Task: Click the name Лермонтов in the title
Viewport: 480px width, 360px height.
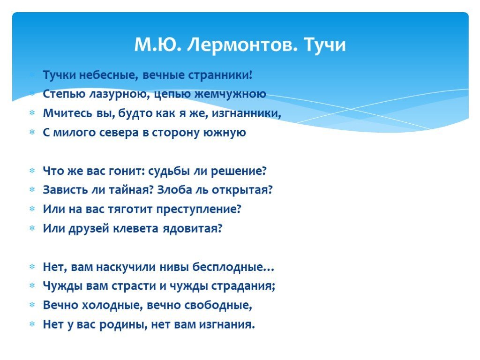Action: click(242, 45)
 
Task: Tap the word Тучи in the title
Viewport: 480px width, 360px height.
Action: click(325, 45)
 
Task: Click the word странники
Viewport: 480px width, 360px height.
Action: click(220, 75)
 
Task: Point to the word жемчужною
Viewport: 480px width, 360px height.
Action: click(230, 94)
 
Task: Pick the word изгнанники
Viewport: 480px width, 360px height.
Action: click(246, 113)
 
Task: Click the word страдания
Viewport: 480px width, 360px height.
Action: click(243, 286)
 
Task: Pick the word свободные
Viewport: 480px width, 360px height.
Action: click(218, 305)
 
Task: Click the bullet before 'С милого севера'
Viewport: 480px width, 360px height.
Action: click(32, 133)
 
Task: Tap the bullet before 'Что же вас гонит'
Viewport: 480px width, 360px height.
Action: click(32, 171)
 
